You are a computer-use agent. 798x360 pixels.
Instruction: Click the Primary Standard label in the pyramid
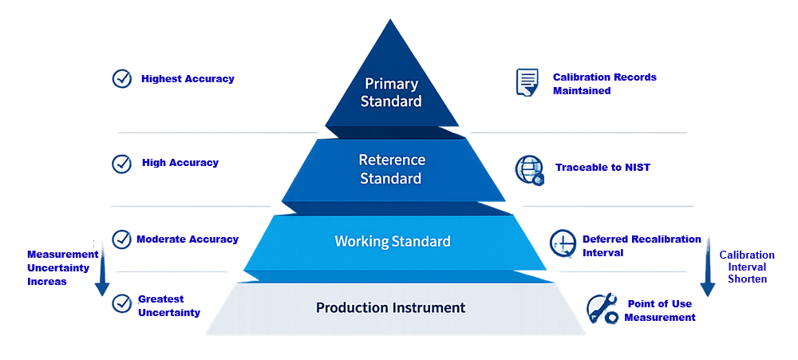(391, 92)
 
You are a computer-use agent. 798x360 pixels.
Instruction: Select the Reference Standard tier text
(391, 168)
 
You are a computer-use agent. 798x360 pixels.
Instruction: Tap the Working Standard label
(392, 241)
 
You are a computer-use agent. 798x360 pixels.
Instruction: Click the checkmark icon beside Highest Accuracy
(122, 78)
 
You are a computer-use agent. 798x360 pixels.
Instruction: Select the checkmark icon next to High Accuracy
(122, 163)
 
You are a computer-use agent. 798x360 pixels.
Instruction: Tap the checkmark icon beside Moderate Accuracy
(122, 239)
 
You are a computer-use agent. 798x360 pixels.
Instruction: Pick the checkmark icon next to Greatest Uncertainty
(122, 303)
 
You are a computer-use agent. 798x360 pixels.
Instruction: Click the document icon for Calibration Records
(527, 82)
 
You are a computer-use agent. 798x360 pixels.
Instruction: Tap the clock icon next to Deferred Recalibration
(563, 243)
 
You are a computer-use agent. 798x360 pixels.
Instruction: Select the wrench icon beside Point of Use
(601, 310)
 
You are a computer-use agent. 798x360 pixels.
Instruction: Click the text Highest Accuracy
(188, 79)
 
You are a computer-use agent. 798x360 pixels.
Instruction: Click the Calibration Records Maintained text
(605, 84)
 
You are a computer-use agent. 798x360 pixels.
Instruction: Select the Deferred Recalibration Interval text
(642, 245)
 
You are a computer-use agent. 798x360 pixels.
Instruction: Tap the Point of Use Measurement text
(659, 311)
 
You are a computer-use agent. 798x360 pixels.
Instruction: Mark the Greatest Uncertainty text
(169, 306)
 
